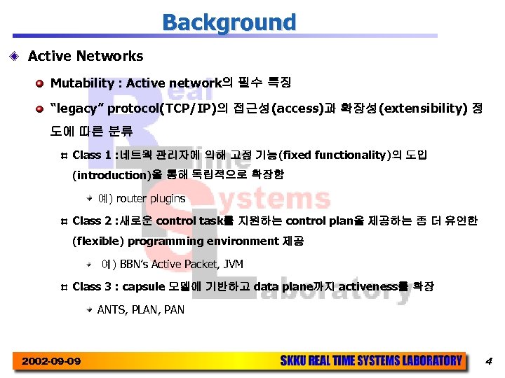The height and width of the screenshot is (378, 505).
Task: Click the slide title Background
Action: (229, 22)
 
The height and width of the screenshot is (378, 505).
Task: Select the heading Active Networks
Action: (86, 56)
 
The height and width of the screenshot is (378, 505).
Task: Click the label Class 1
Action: (91, 154)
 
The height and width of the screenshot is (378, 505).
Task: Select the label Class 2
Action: (91, 220)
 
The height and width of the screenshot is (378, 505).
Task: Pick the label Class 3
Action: (91, 286)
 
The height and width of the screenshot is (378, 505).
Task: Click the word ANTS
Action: (110, 309)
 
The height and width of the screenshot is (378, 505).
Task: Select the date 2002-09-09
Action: (50, 361)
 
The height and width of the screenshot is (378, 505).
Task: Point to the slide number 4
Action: (489, 361)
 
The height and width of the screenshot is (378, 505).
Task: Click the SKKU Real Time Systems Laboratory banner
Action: (371, 361)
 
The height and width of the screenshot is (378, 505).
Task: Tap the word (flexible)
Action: (98, 241)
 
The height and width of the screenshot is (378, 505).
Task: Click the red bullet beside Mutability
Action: (42, 84)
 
